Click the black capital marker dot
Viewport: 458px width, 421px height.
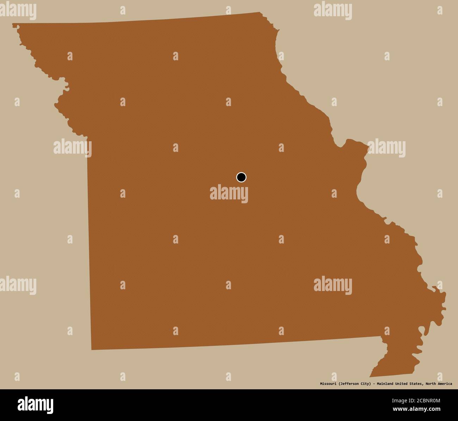241,177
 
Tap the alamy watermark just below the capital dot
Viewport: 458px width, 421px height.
229,194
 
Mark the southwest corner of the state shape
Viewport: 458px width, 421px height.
92,349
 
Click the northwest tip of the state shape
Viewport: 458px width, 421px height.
13,24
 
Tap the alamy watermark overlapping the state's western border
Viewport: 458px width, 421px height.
72,148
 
